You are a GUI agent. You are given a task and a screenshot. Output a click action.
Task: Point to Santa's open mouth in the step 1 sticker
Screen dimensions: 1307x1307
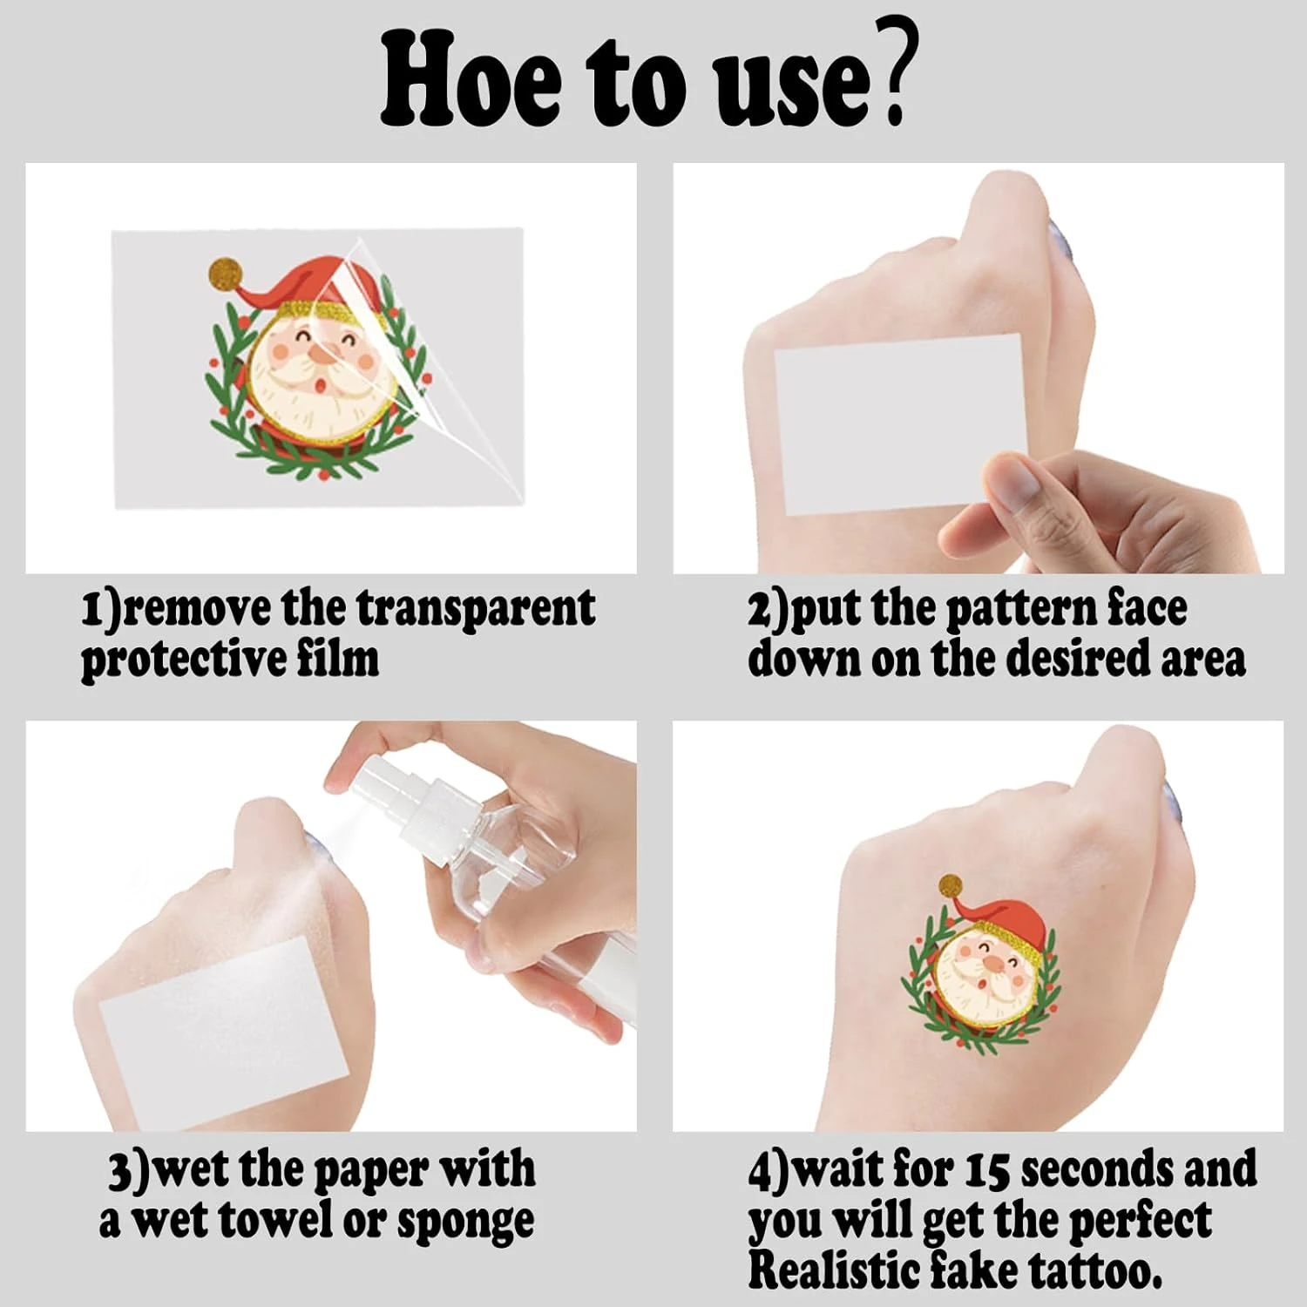click(322, 384)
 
